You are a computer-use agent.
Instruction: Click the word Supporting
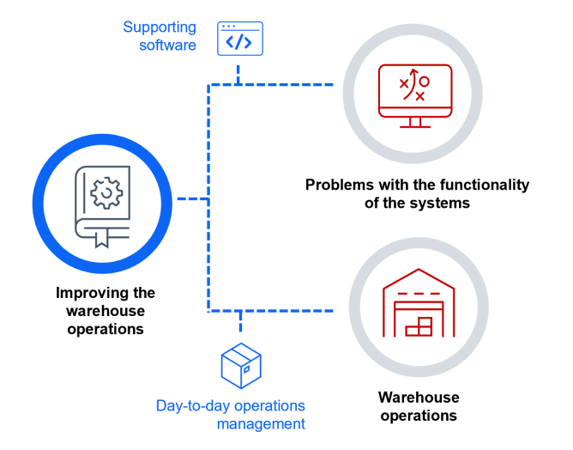[x=159, y=27]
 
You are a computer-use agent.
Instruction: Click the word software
[x=167, y=45]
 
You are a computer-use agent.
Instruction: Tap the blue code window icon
[x=239, y=39]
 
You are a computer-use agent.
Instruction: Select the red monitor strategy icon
[x=415, y=95]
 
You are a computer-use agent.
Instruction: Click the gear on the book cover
[x=106, y=193]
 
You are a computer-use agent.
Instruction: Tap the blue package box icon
[x=240, y=365]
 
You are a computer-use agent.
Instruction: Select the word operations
[x=267, y=405]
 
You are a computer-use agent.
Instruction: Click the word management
[x=261, y=423]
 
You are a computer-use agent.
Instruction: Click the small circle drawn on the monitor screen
[x=424, y=82]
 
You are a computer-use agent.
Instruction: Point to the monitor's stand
[x=415, y=122]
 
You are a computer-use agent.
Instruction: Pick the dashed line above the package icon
[x=240, y=322]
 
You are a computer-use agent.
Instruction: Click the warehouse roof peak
[x=418, y=272]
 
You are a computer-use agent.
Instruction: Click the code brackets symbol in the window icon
[x=239, y=42]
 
